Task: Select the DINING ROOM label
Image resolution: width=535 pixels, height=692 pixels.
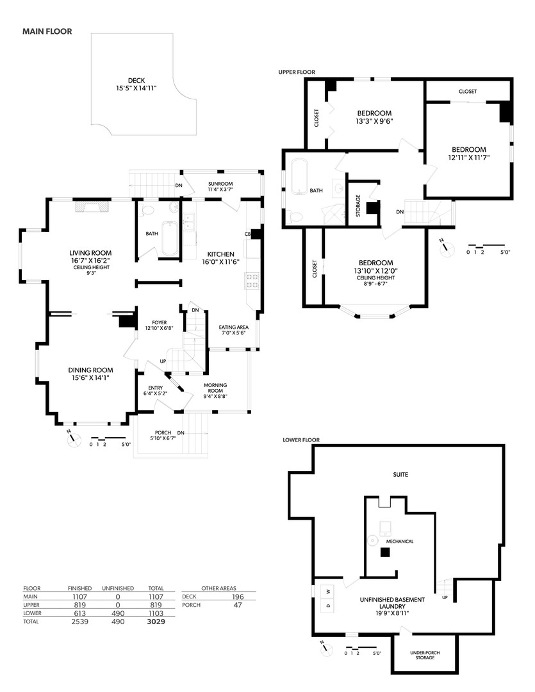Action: pos(91,370)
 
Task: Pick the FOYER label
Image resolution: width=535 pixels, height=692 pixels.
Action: pos(160,322)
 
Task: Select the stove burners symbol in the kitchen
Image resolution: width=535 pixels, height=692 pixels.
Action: pos(251,279)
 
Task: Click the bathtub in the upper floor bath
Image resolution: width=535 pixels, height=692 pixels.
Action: pos(299,176)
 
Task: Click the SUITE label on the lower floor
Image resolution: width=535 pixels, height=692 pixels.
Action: pos(400,475)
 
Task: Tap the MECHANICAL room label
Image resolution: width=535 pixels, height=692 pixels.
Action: pos(399,541)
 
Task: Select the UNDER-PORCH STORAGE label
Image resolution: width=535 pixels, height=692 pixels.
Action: pos(425,655)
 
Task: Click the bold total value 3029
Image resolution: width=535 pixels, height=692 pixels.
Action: pos(156,622)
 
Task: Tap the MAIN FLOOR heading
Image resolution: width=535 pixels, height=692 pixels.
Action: pos(47,30)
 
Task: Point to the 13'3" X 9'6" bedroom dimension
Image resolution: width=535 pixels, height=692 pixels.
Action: pos(375,120)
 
